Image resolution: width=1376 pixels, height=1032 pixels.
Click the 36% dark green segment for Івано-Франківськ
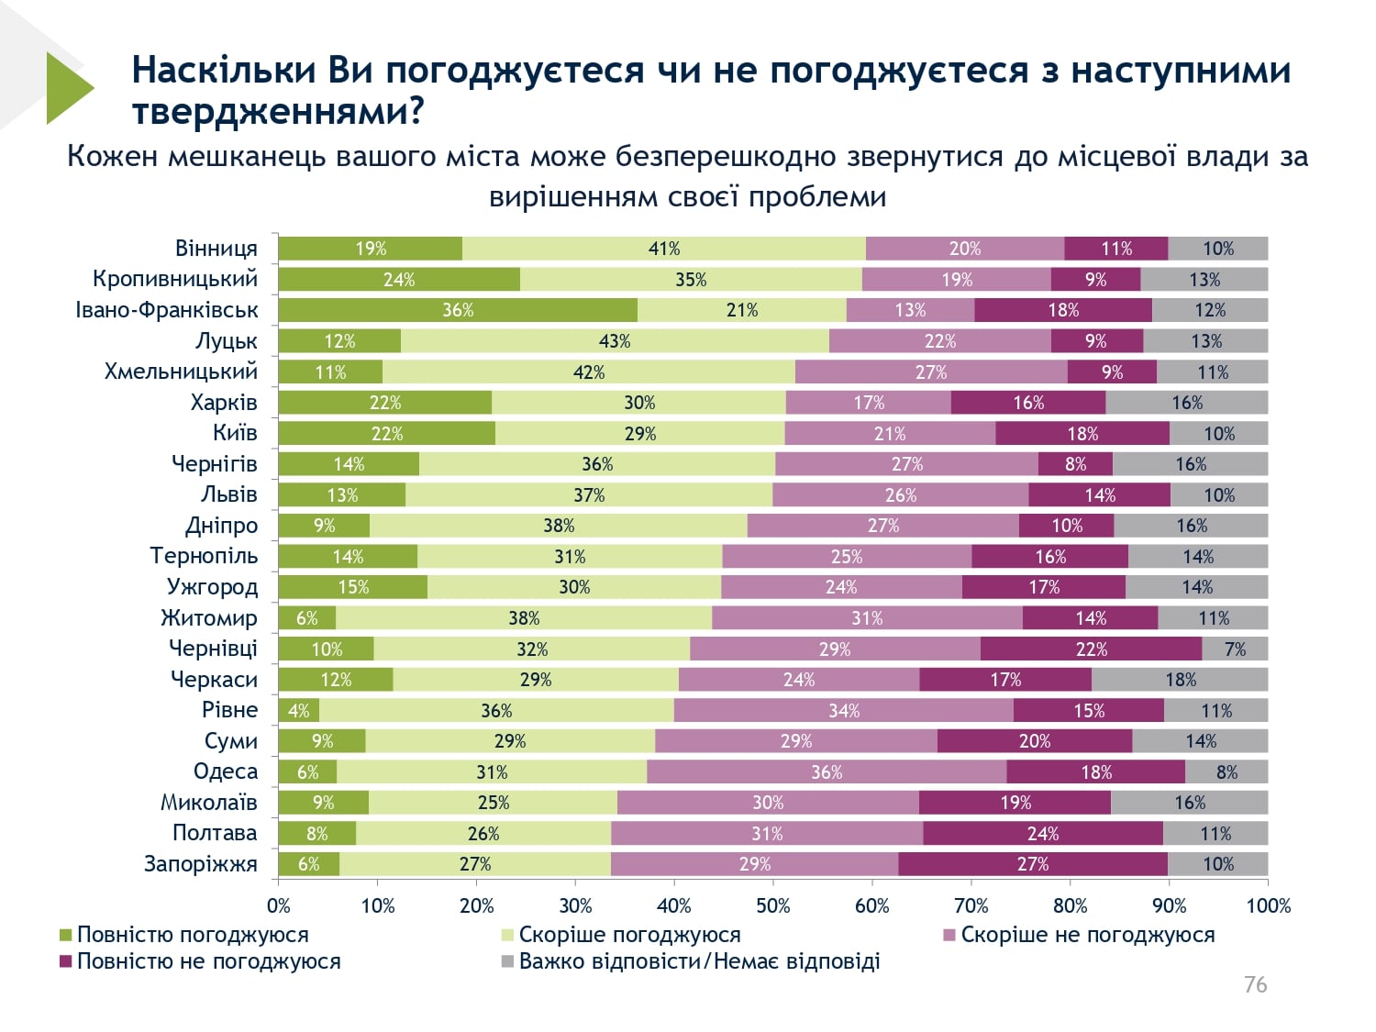tap(458, 310)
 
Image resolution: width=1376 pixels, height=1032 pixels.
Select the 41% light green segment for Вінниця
tap(664, 249)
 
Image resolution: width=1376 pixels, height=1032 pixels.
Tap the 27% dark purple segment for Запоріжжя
tap(1033, 864)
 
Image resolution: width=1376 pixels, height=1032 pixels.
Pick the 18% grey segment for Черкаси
tap(1181, 680)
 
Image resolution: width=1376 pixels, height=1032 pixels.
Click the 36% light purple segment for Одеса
tap(827, 772)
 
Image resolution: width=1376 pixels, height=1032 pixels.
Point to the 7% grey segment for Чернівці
tap(1235, 649)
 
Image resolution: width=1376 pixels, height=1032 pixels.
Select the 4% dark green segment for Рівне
tap(299, 711)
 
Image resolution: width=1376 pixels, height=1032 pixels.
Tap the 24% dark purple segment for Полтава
tap(1043, 834)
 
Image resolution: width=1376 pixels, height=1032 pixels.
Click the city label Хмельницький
tap(181, 372)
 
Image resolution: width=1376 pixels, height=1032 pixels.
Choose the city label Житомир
tap(209, 618)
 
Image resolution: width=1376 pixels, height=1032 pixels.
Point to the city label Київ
tap(235, 433)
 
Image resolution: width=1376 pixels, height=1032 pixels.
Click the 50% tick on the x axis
tap(772, 906)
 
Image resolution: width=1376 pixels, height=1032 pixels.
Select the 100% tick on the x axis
tap(1268, 906)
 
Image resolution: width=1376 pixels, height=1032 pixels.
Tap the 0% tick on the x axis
tap(279, 906)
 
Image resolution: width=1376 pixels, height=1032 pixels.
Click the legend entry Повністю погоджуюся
tap(193, 935)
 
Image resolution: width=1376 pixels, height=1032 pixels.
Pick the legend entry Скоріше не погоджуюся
tap(1087, 935)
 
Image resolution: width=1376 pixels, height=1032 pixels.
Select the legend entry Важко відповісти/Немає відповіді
tap(699, 961)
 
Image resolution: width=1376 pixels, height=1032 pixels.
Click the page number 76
tap(1255, 985)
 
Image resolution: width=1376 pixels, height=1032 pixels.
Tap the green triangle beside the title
tap(68, 88)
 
